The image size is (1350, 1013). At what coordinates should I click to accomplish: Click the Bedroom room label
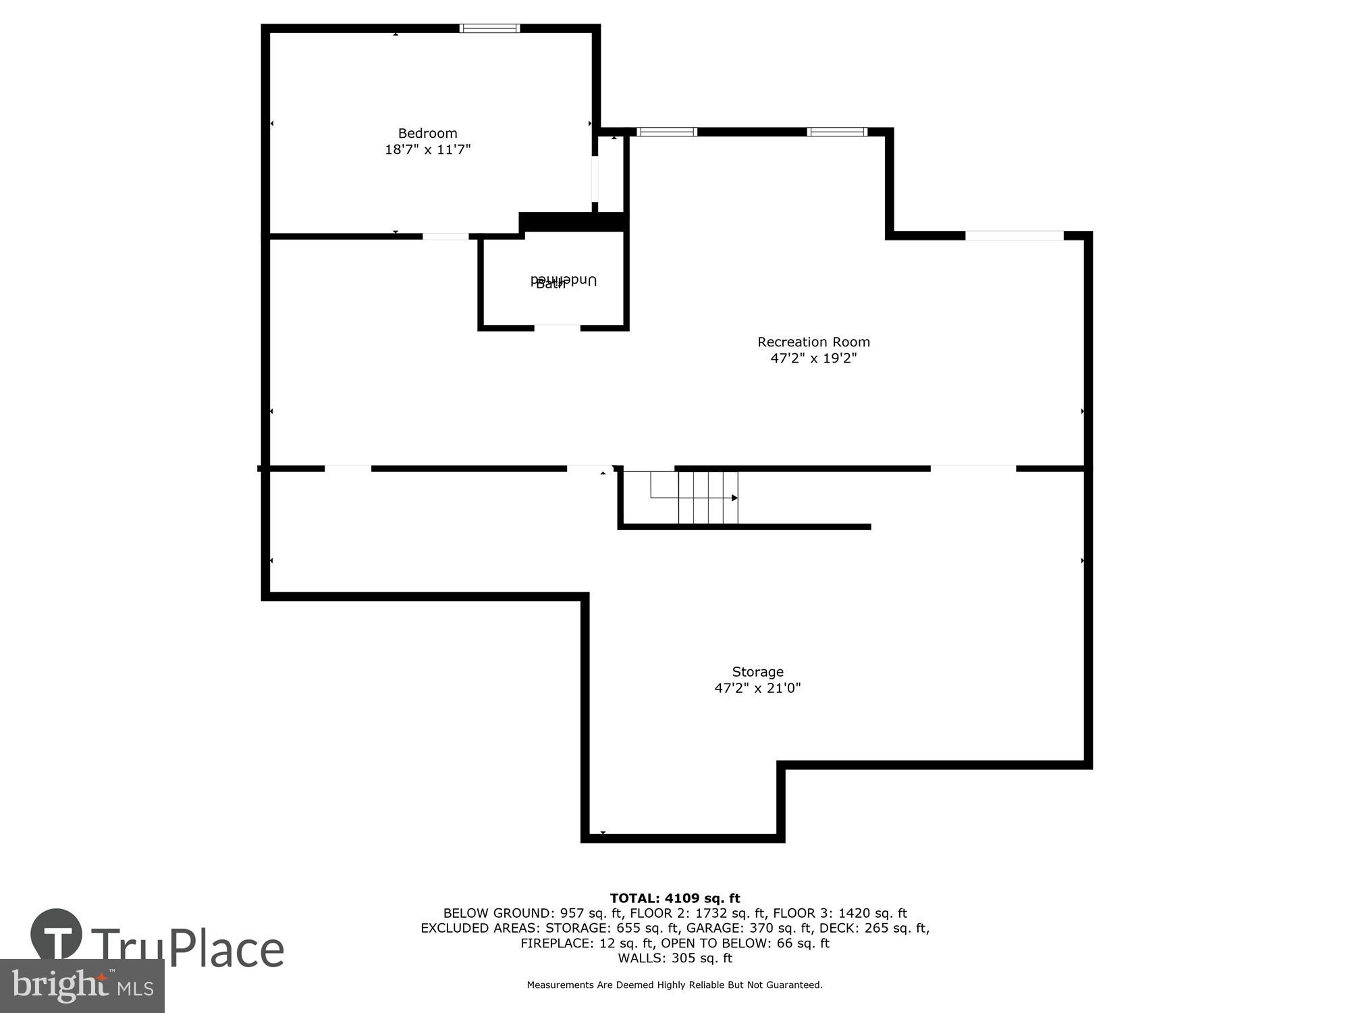click(x=427, y=133)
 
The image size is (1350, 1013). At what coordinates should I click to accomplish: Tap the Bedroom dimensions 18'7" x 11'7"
click(x=427, y=149)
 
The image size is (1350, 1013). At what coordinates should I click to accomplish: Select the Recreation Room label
click(x=813, y=342)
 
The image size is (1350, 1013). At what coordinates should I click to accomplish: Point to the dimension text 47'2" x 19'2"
click(x=813, y=358)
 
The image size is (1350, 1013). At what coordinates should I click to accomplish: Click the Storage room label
click(x=757, y=671)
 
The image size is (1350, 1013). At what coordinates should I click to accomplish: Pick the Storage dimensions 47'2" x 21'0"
click(x=757, y=688)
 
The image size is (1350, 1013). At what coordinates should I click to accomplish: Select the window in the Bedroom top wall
click(x=489, y=28)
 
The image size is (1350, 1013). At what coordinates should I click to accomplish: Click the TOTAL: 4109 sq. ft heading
click(x=675, y=898)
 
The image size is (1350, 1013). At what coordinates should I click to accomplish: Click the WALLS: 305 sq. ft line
click(x=675, y=958)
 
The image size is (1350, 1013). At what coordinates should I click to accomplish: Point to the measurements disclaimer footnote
click(x=675, y=985)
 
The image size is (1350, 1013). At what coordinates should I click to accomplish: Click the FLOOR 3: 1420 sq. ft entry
click(x=840, y=913)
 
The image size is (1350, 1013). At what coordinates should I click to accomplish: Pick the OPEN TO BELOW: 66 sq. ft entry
click(x=745, y=943)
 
